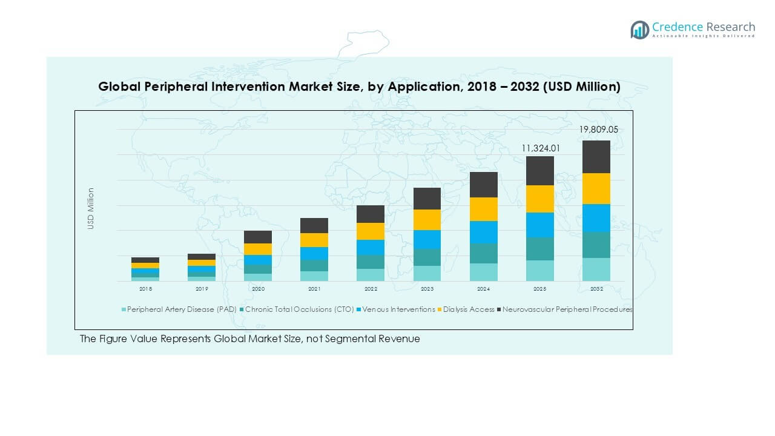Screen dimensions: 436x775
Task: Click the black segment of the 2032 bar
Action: tap(596, 157)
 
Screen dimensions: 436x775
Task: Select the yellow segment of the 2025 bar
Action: tap(539, 199)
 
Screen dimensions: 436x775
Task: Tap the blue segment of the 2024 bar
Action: tap(484, 233)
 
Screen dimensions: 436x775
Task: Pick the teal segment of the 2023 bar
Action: tap(427, 257)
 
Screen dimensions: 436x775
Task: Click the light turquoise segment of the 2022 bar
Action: tap(371, 275)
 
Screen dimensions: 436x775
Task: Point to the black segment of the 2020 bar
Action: tap(258, 237)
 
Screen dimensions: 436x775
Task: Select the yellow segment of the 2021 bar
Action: tap(314, 240)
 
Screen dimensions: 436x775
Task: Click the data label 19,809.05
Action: tap(599, 130)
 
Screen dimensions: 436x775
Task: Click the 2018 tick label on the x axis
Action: tap(145, 289)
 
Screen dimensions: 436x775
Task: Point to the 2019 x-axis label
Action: tap(202, 289)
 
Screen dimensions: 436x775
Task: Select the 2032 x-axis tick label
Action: tap(596, 289)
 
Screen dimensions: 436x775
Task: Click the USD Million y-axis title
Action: tap(91, 208)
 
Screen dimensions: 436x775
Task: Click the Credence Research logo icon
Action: tap(639, 30)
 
